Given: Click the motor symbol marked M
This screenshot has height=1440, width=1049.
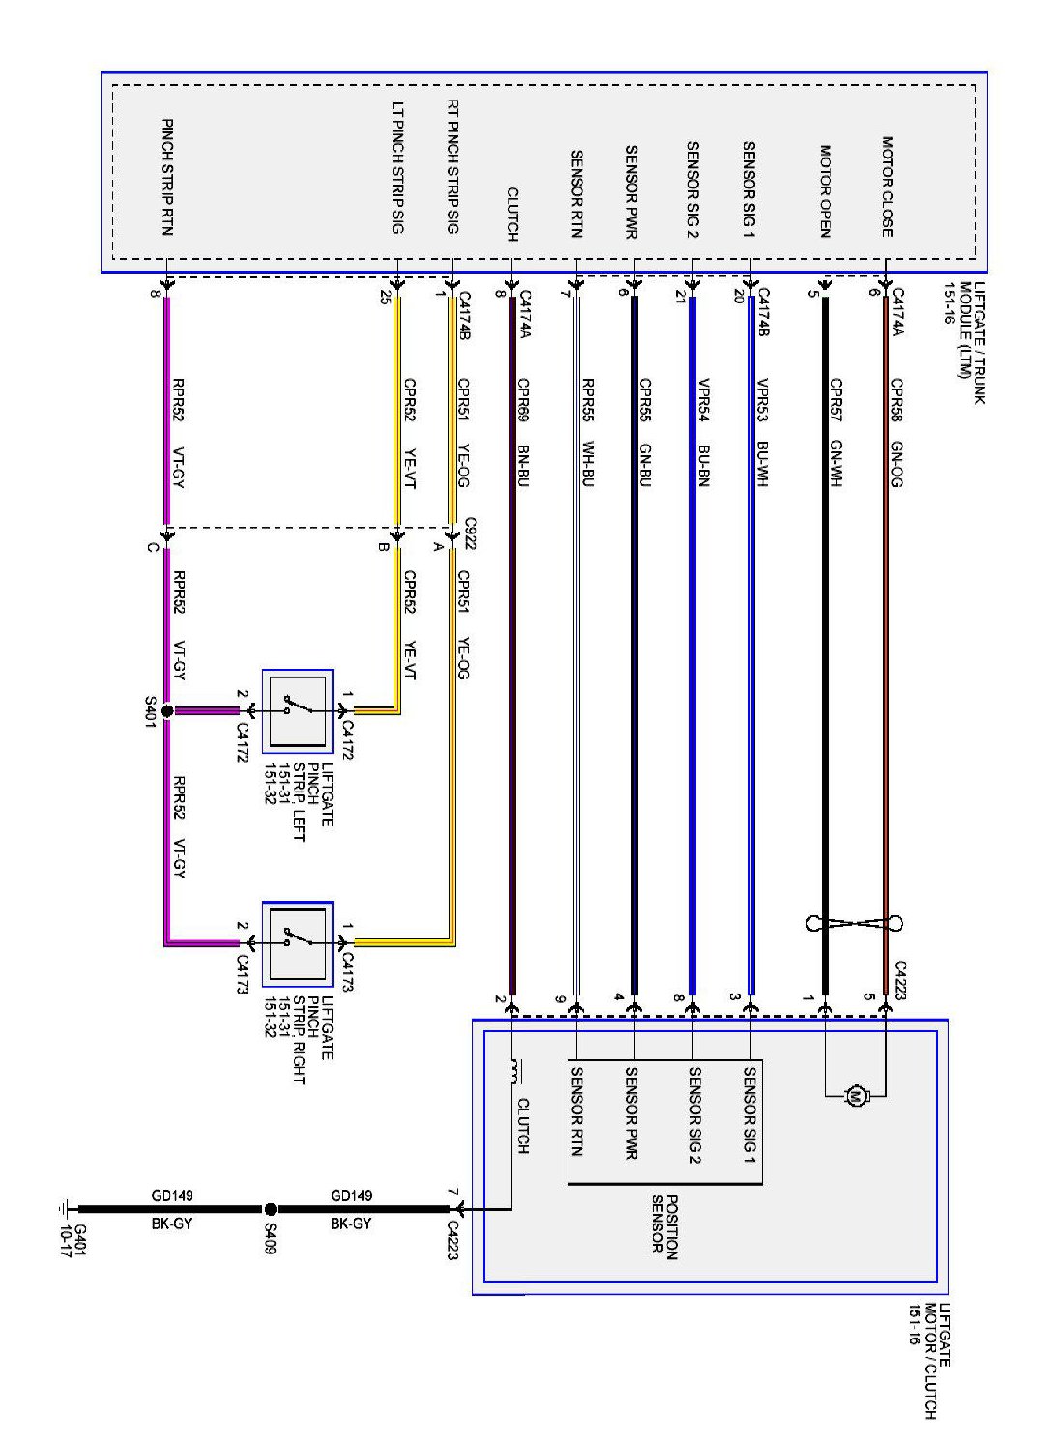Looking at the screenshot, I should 854,1096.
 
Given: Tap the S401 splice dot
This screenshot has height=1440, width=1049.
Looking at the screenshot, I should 166,711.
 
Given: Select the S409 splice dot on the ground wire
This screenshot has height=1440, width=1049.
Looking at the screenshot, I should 271,1209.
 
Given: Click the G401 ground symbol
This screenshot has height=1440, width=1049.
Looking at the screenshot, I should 65,1208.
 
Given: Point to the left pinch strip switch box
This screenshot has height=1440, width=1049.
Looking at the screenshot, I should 298,710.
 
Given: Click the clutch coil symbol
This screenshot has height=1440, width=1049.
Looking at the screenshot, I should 513,1072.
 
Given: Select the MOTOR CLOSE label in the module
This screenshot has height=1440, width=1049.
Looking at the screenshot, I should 887,186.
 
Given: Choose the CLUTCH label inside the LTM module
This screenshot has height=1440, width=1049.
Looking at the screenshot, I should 512,214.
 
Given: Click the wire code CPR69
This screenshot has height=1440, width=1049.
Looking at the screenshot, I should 523,397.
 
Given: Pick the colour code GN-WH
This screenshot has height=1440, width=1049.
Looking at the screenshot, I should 836,463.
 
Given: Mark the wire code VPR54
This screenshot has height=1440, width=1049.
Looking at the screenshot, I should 703,397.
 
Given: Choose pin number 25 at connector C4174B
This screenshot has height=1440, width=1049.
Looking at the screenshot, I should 387,297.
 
